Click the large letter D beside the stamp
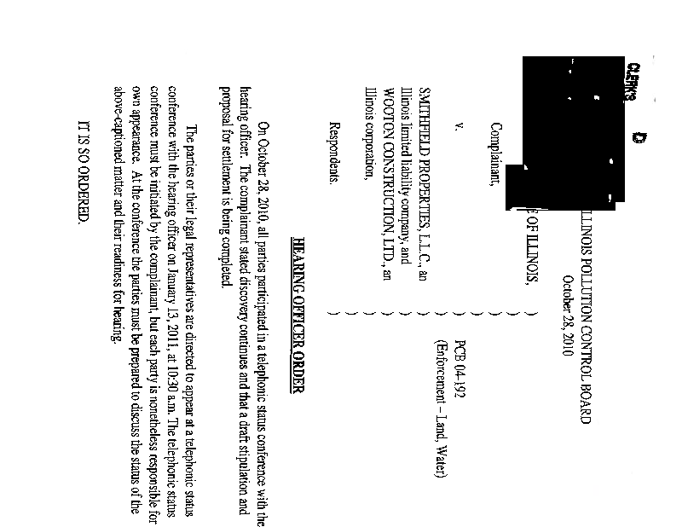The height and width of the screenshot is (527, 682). point(133,138)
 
